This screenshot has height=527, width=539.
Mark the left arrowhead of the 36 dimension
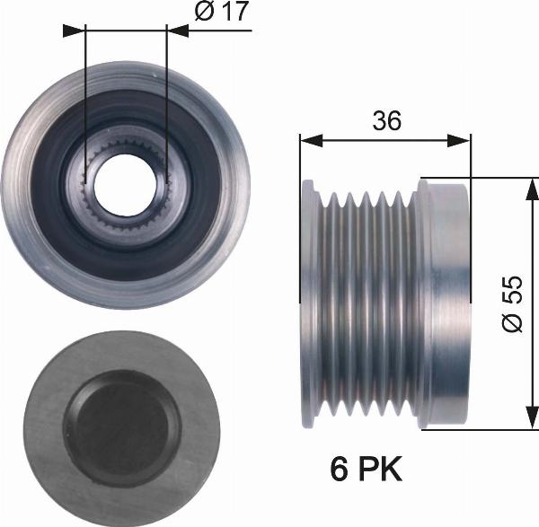306,140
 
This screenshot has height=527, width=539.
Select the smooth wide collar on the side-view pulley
445,303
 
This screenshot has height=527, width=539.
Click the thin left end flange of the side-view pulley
308,303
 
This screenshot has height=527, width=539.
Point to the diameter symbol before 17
204,15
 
